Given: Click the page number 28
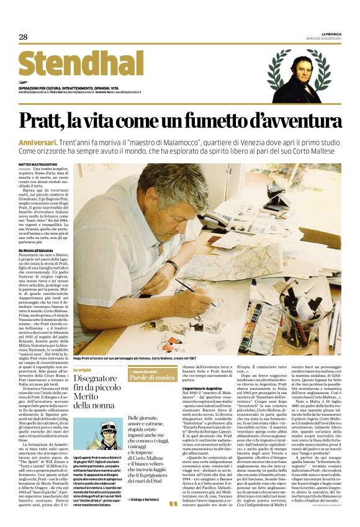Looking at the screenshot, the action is click(23, 37).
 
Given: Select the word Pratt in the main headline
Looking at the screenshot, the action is click(62, 120).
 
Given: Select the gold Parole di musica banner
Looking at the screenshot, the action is click(152, 377).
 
